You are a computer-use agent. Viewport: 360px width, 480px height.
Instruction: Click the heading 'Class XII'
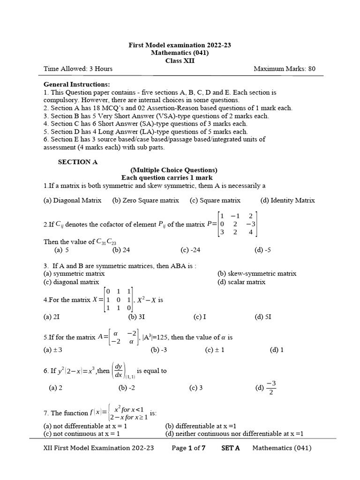point(180,60)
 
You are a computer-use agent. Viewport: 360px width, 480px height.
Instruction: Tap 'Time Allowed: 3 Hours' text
point(78,69)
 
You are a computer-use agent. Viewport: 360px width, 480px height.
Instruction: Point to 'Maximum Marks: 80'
point(285,69)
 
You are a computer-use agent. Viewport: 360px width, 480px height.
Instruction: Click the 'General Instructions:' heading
point(77,84)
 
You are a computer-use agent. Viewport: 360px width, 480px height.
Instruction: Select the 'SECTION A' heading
point(78,162)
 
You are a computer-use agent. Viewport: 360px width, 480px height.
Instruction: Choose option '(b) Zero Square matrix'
point(146,200)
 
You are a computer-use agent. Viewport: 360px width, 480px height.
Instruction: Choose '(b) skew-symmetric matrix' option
point(257,273)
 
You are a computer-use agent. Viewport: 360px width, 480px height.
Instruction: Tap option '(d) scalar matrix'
point(241,282)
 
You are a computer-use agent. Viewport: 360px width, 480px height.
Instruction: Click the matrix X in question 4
point(118,300)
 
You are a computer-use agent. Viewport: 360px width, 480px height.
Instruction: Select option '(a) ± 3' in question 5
point(53,350)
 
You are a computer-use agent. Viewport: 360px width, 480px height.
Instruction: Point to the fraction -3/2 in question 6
point(271,387)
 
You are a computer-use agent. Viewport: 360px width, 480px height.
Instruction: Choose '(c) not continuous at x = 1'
point(82,434)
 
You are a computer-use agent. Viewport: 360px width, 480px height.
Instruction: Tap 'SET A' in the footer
point(230,448)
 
